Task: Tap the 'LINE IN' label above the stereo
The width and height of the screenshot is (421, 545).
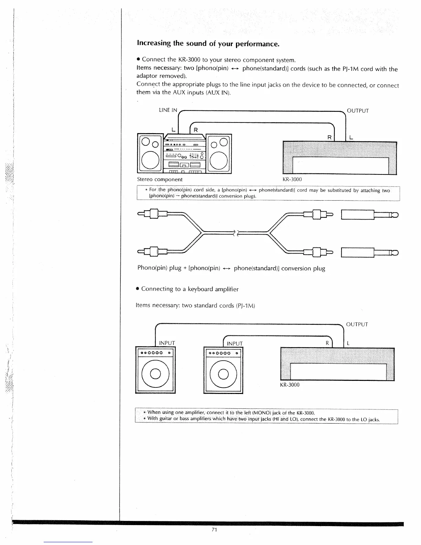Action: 168,110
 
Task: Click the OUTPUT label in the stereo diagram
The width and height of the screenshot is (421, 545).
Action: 358,111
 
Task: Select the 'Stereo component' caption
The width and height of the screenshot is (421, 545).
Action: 160,179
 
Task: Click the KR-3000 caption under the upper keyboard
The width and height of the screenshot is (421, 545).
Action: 292,179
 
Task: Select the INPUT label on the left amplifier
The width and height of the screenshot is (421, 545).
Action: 167,343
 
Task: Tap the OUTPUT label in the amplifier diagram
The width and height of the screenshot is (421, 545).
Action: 357,324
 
